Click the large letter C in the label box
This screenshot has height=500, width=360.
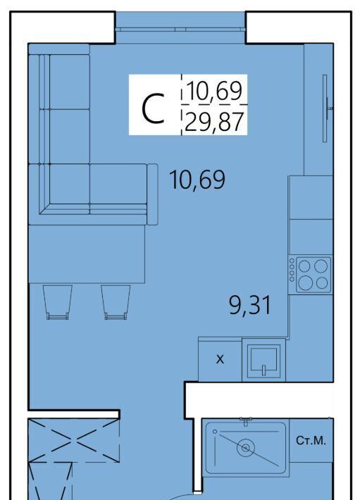153,108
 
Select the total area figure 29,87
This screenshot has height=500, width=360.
214,122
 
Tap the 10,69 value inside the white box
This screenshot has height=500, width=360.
215,91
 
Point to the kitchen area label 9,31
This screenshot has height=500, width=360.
250,305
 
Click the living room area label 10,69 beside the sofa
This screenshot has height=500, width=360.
197,180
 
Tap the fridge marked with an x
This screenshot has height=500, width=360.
220,359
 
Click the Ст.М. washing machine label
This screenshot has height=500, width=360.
311,441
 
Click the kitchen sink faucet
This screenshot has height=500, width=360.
263,370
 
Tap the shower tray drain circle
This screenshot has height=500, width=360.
246,448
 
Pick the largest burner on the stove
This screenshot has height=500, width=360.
306,282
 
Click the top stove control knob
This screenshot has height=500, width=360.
292,261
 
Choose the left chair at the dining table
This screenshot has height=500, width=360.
58,302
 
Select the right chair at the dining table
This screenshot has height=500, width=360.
116,302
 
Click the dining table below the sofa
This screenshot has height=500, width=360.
87,254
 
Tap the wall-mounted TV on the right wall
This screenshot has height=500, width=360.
325,108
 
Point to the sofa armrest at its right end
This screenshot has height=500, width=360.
152,194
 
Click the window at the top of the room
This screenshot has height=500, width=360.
180,30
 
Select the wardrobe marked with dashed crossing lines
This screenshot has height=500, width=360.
74,440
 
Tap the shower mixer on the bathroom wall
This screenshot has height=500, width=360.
246,421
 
